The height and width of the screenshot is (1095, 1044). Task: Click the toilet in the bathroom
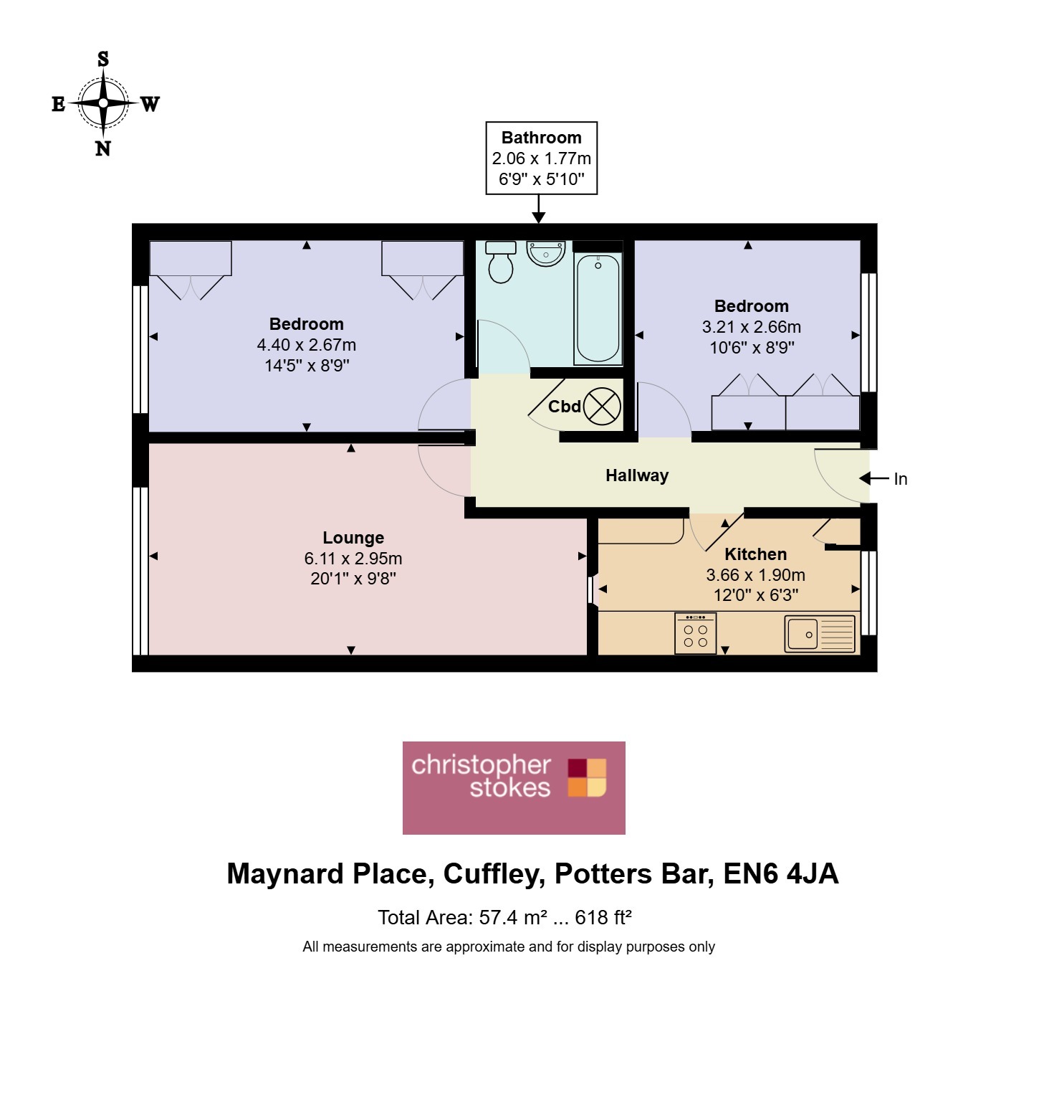click(x=500, y=262)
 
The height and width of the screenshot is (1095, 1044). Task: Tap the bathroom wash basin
click(x=546, y=253)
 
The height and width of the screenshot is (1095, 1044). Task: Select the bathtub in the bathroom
click(x=598, y=308)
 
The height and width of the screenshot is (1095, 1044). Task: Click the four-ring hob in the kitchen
click(x=695, y=633)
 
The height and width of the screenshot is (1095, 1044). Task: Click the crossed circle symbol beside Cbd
click(x=602, y=407)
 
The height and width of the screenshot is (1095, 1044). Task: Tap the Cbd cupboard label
click(x=565, y=407)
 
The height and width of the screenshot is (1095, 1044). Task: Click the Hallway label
click(x=637, y=475)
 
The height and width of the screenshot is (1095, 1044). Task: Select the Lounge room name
click(x=353, y=538)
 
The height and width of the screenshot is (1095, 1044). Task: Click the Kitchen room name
click(x=756, y=554)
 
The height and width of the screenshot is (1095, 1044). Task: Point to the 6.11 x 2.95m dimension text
click(x=353, y=558)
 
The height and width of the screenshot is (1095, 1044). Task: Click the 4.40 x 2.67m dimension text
click(x=307, y=345)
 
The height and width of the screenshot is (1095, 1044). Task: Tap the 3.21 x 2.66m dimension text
click(x=752, y=327)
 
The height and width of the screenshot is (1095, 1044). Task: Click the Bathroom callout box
click(x=542, y=158)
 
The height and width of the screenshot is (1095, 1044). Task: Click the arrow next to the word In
click(x=874, y=478)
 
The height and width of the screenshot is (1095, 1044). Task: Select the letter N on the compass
click(x=103, y=148)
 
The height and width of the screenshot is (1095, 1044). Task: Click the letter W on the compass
click(x=150, y=104)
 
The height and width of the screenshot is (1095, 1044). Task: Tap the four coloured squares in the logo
click(x=587, y=777)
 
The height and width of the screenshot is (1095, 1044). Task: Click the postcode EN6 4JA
click(x=781, y=873)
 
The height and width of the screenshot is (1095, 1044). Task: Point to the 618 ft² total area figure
click(x=603, y=917)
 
